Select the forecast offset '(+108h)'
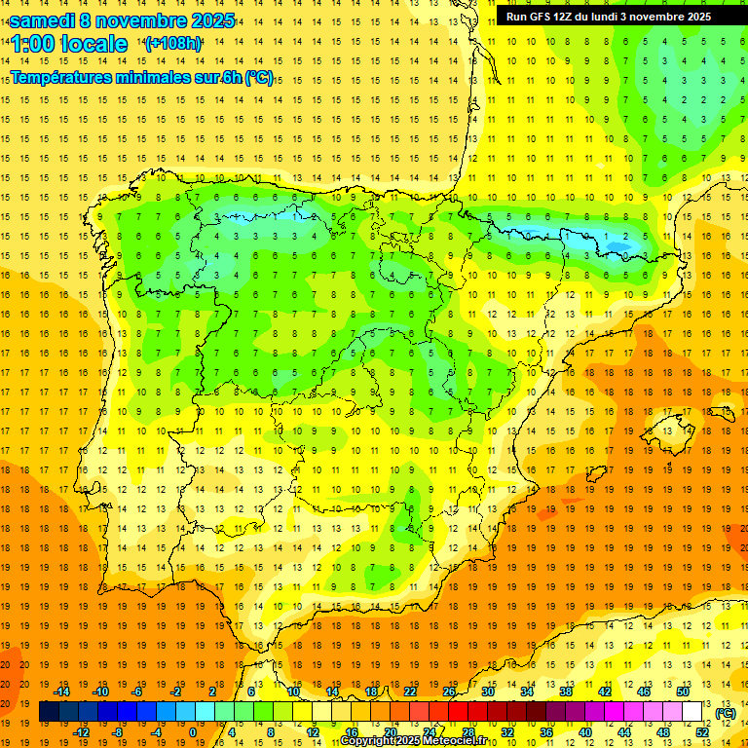173,43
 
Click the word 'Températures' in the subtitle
61,78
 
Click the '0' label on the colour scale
193,732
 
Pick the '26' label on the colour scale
449,692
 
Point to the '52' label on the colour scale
702,732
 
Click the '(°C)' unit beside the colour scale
725,713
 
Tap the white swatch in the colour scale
692,712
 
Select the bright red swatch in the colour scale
459,712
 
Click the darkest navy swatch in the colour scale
49,712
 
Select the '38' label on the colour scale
566,692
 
